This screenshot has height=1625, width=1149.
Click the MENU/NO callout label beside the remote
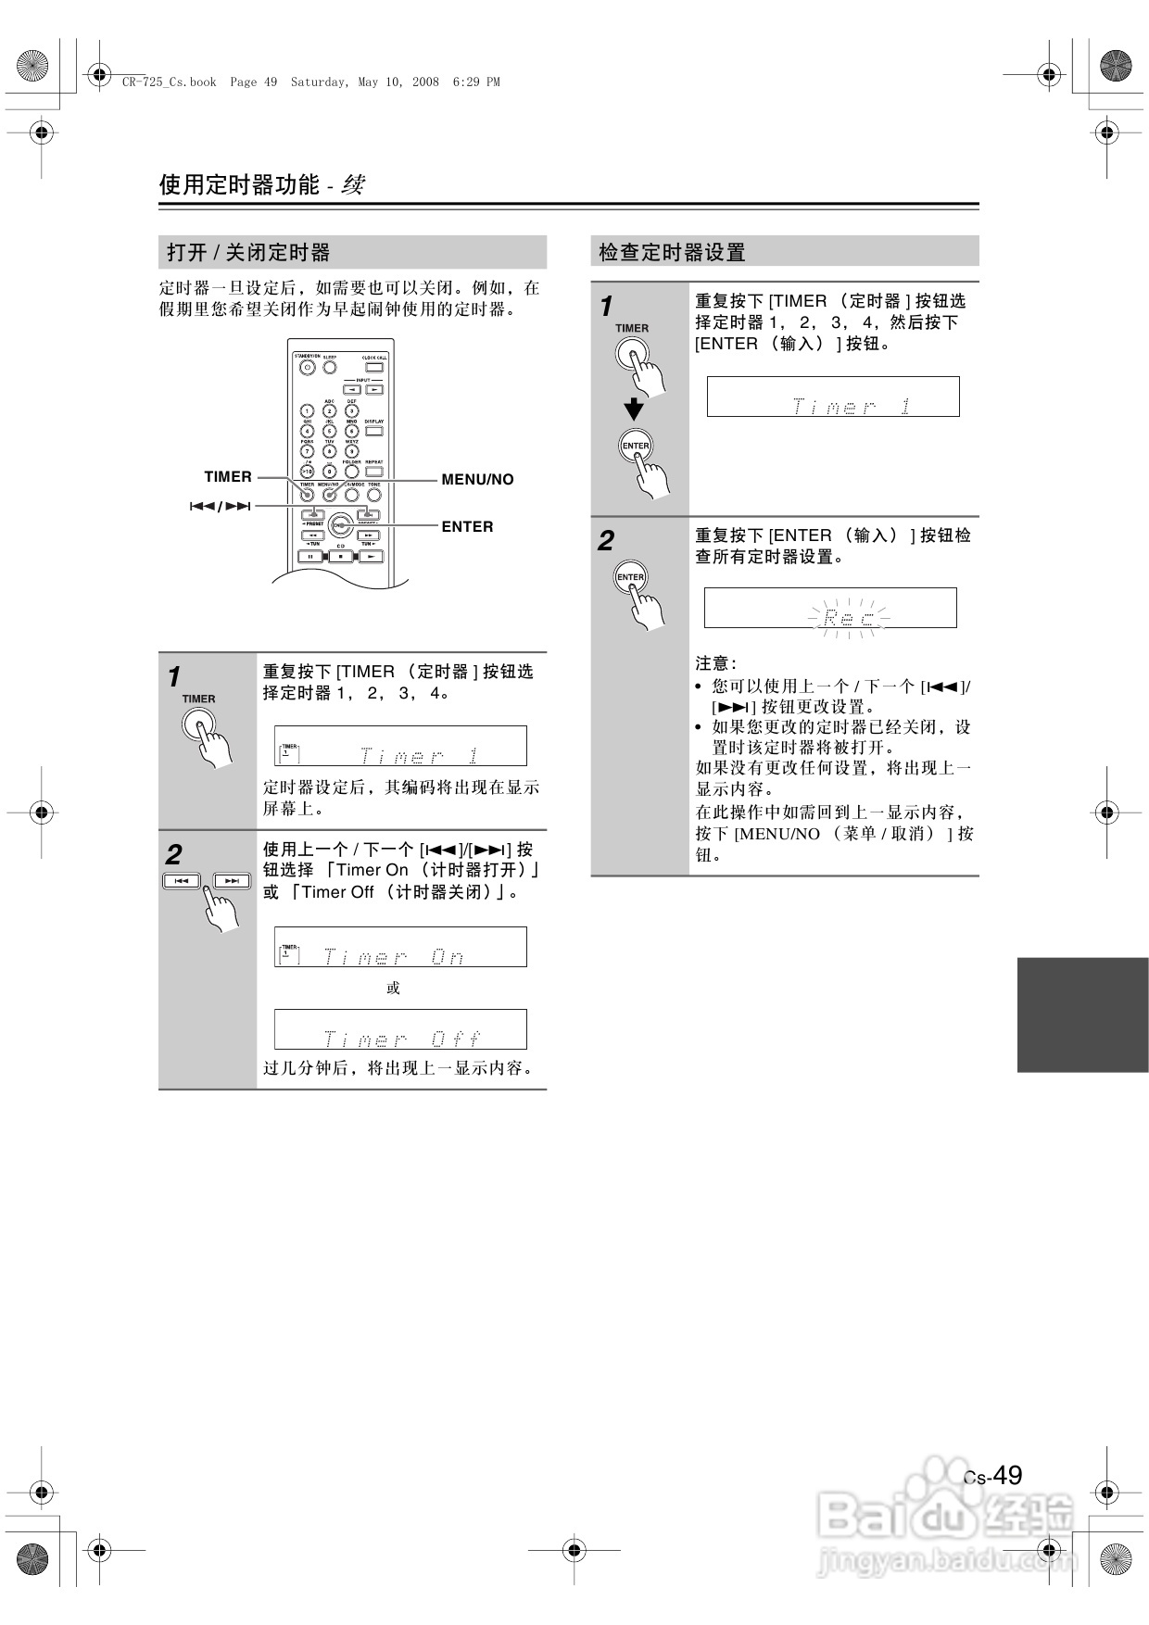pos(477,479)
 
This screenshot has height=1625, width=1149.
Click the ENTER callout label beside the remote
pos(467,526)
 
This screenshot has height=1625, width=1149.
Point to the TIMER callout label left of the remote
pos(228,476)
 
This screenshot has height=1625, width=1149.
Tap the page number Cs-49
pos(992,1476)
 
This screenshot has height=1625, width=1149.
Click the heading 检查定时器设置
pos(672,252)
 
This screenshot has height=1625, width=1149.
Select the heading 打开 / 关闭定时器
pos(248,252)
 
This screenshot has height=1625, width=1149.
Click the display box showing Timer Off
pos(400,1029)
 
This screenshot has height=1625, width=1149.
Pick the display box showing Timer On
pos(400,947)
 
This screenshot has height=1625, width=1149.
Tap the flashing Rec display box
pos(830,608)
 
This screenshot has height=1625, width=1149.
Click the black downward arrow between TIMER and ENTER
pos(634,409)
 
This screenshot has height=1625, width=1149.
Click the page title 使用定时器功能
pos(239,184)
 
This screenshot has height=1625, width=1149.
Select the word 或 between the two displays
pos(393,988)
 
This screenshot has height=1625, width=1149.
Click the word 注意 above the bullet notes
pos(715,663)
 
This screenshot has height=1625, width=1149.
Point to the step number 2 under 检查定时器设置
pos(606,541)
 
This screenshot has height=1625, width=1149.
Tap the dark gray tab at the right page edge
pos(1082,1014)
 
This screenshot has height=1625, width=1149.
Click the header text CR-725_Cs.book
pos(169,82)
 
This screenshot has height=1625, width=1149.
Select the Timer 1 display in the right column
pos(833,397)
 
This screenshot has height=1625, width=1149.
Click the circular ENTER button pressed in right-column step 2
pos(630,577)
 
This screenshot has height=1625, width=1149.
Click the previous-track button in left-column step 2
pos(183,880)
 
